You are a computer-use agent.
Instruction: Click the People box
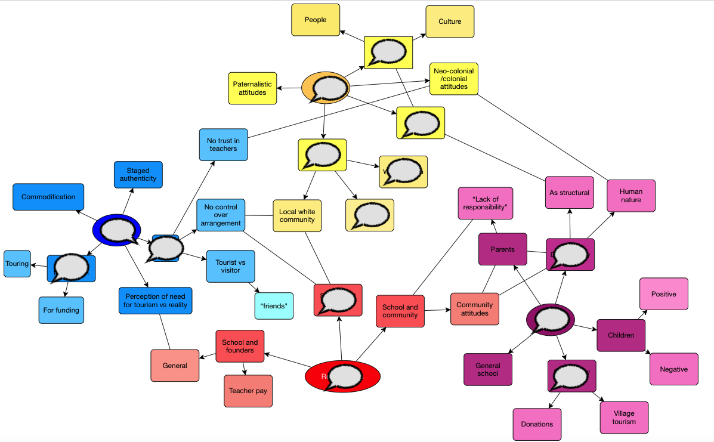point(316,20)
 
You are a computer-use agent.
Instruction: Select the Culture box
point(450,21)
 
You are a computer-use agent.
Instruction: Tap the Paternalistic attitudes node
point(252,88)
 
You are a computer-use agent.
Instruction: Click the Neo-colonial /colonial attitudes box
point(454,79)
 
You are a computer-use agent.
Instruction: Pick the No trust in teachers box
point(223,144)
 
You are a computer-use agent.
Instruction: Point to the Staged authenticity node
point(138,174)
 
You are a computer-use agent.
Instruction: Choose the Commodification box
point(48,197)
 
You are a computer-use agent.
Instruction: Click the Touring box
point(17,264)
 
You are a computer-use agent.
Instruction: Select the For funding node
point(61,310)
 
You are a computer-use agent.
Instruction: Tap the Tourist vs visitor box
point(230,266)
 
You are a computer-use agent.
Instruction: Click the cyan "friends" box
point(274,306)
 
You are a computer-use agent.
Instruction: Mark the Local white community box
point(297,215)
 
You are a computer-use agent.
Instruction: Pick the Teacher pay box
point(248,391)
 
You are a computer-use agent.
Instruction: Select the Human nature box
point(631,196)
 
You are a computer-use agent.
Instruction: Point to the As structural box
point(569,193)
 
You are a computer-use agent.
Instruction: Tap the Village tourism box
point(624,418)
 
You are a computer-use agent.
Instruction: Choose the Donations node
point(537,424)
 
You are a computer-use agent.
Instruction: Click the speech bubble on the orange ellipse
point(326,88)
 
